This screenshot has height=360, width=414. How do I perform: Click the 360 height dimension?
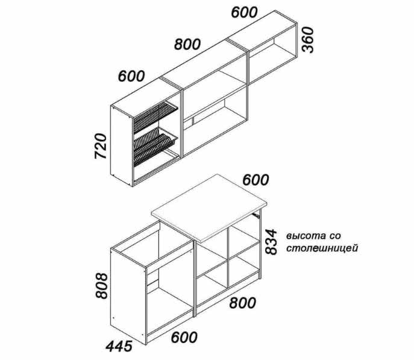(308, 40)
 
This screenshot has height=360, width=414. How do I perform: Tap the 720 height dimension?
(101, 146)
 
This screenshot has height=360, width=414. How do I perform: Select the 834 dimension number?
(271, 242)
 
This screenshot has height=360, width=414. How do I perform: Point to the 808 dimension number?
(102, 285)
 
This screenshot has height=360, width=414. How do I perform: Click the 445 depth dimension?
(119, 346)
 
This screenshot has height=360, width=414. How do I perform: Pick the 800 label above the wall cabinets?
(187, 44)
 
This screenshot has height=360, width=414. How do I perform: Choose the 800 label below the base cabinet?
(243, 303)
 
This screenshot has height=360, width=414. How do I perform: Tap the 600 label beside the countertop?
(256, 180)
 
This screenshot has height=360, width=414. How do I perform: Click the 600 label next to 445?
(184, 337)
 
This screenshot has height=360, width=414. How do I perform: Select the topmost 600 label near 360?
(244, 12)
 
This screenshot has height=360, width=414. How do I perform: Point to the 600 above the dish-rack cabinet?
(131, 76)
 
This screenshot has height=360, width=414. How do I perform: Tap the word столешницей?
(322, 248)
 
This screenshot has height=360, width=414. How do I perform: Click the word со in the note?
(335, 236)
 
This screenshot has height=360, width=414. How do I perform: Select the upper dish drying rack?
(155, 116)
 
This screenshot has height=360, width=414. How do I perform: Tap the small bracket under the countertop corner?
(256, 215)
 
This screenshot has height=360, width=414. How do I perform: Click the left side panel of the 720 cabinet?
(122, 145)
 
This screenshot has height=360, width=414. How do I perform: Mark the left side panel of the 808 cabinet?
(128, 296)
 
